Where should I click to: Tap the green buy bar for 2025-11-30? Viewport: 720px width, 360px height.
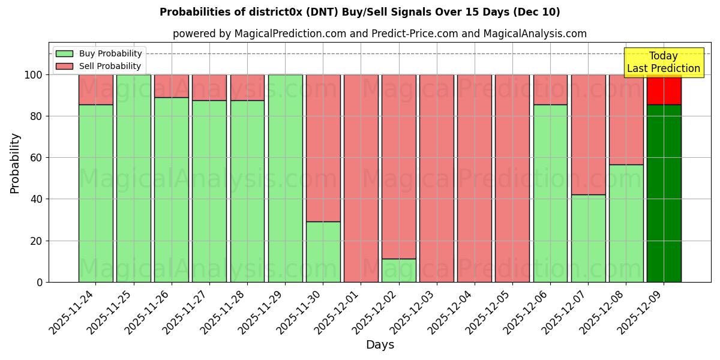[x=323, y=252]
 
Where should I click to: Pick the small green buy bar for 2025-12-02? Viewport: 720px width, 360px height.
[x=399, y=271]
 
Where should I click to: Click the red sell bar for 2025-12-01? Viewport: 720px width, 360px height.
[x=361, y=178]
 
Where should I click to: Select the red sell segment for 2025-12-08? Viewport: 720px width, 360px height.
[x=626, y=119]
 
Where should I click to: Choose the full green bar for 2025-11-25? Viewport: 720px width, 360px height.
[x=133, y=178]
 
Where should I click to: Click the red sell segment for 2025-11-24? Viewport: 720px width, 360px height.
[x=95, y=89]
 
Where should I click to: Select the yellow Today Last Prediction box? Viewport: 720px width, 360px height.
[x=664, y=62]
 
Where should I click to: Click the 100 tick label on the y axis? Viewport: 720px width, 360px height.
[x=34, y=75]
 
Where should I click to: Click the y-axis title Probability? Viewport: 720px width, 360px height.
[x=15, y=163]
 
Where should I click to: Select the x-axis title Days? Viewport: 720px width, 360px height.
[x=380, y=345]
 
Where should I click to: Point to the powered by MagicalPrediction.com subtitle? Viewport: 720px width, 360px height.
[x=380, y=34]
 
